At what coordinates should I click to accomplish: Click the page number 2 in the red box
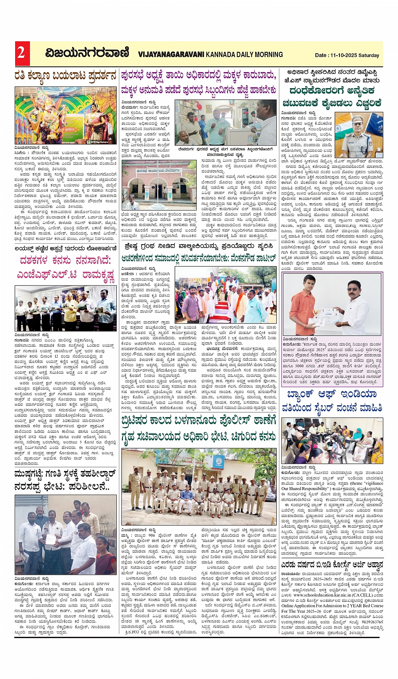21,53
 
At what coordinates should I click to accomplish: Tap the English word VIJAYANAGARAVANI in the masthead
171,54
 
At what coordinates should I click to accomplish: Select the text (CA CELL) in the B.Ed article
363,594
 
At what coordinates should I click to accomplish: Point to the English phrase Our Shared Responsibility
303,489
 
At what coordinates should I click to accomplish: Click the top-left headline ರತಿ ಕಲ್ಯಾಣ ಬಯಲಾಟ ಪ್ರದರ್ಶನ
65,76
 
